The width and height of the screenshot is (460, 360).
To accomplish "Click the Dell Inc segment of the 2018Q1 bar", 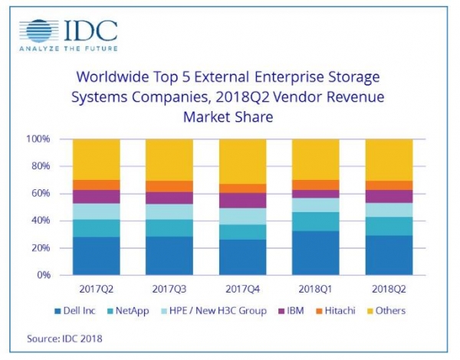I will point(316,253).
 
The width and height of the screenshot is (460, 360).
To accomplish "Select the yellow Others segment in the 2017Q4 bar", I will point(242,161).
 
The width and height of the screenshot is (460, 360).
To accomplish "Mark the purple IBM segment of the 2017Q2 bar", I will point(97,196).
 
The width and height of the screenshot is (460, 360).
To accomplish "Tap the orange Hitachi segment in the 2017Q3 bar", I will point(169,186).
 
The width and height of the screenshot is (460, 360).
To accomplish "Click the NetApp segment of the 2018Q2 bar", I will point(388,226).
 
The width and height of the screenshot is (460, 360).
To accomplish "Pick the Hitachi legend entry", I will point(337,310).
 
